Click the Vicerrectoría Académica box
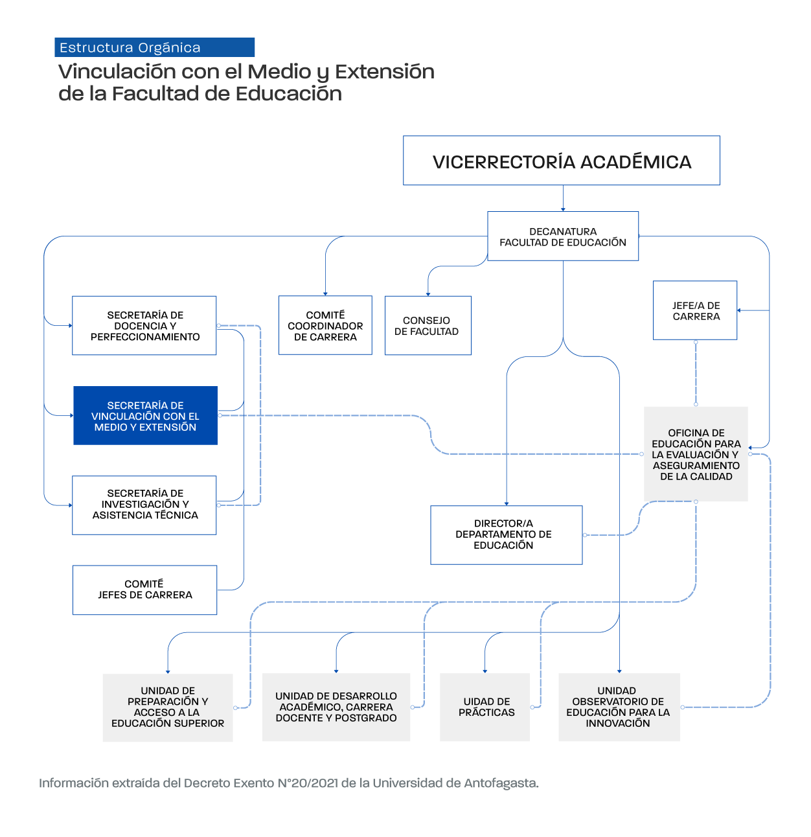coord(561,161)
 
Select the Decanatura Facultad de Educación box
coord(562,236)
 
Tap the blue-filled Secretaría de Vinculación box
coord(145,415)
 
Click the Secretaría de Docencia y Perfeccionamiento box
coord(144,326)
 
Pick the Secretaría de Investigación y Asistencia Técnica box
coord(144,505)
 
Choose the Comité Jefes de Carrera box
coord(144,590)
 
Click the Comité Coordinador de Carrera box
coord(325,325)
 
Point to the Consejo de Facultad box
coord(428,326)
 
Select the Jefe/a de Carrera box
coord(695,310)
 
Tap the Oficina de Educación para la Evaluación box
coord(696,453)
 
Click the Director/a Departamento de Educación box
coord(506,534)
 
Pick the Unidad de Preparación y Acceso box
coord(168,707)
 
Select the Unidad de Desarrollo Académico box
coord(336,707)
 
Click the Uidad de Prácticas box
coord(485,707)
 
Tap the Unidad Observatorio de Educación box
coord(619,707)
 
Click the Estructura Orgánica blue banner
coord(154,47)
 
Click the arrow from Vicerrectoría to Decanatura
coord(563,198)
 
